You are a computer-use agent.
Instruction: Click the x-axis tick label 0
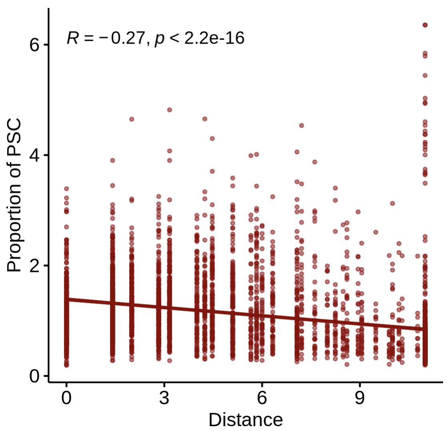(66, 397)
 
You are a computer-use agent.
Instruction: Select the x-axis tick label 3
(164, 397)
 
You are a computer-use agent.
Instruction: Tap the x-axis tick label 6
(262, 397)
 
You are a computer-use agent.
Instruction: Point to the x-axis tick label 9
(360, 397)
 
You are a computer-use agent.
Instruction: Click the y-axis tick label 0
(34, 376)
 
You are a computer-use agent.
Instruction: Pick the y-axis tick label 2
(34, 266)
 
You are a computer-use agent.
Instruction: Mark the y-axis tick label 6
(34, 45)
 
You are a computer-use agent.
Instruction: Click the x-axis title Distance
(246, 420)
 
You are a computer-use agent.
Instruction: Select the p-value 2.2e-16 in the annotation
(214, 38)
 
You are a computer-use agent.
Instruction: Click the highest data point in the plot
(425, 25)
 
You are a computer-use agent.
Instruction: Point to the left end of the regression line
(67, 299)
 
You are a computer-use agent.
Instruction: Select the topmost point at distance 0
(66, 189)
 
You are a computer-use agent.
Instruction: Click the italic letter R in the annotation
(72, 38)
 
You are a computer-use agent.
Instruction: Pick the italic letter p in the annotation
(160, 40)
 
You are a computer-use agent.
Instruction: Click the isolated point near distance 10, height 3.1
(393, 203)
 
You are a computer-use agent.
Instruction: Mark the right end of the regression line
(425, 329)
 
